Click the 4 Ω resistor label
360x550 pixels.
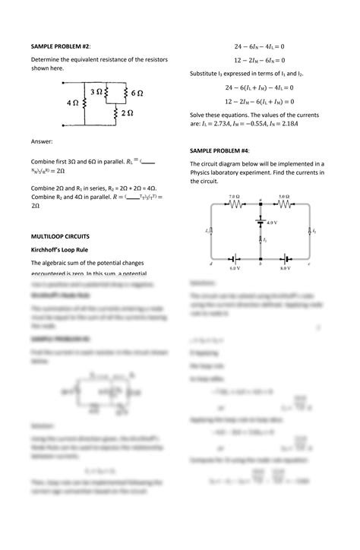click(73, 102)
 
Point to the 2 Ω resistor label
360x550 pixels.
click(128, 112)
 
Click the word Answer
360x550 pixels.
click(42, 142)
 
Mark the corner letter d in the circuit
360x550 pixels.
click(210, 264)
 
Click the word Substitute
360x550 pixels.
click(207, 73)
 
